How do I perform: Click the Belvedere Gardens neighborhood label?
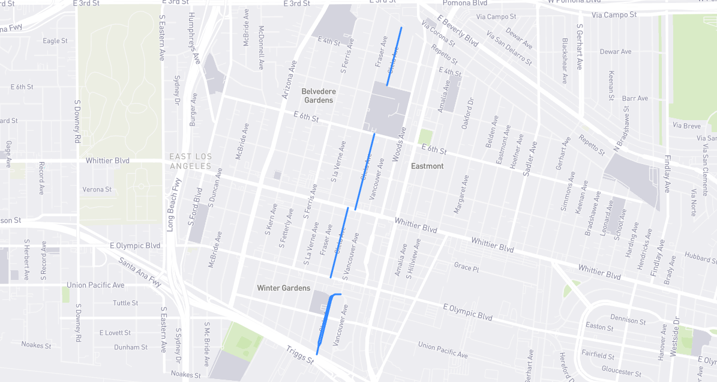pos(318,95)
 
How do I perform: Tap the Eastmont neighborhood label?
pos(427,166)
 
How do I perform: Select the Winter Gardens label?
pos(284,288)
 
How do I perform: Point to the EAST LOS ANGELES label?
pos(191,161)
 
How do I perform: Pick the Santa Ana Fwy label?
pos(140,272)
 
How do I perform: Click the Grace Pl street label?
pos(466,267)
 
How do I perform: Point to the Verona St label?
pos(97,189)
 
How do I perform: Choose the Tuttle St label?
pos(125,303)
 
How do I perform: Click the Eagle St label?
pos(55,41)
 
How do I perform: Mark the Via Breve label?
pos(686,126)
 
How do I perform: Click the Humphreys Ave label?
pos(194,38)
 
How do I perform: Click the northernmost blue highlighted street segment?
pos(394,56)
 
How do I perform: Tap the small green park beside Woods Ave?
pos(425,137)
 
